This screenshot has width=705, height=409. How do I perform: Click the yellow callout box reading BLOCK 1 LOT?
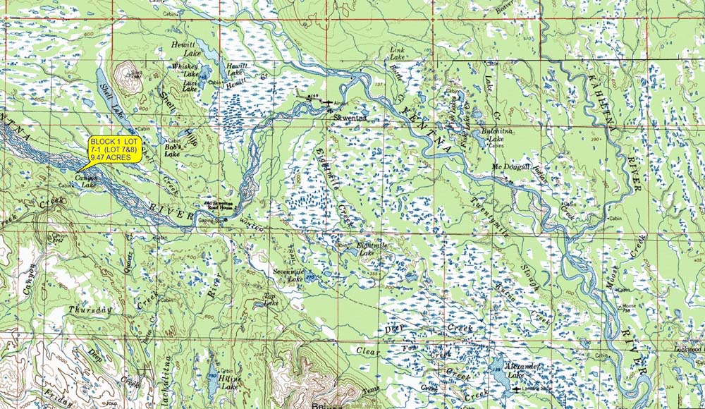(x=116, y=150)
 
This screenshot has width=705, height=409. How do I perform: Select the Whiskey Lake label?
(x=185, y=71)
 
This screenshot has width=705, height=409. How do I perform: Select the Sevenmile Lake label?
(x=288, y=275)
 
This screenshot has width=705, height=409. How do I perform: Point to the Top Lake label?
(x=269, y=299)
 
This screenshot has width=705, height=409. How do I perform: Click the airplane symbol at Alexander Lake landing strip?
(x=520, y=389)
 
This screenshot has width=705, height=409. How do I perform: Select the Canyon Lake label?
(x=85, y=181)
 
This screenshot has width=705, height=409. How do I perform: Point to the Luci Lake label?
(x=190, y=85)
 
